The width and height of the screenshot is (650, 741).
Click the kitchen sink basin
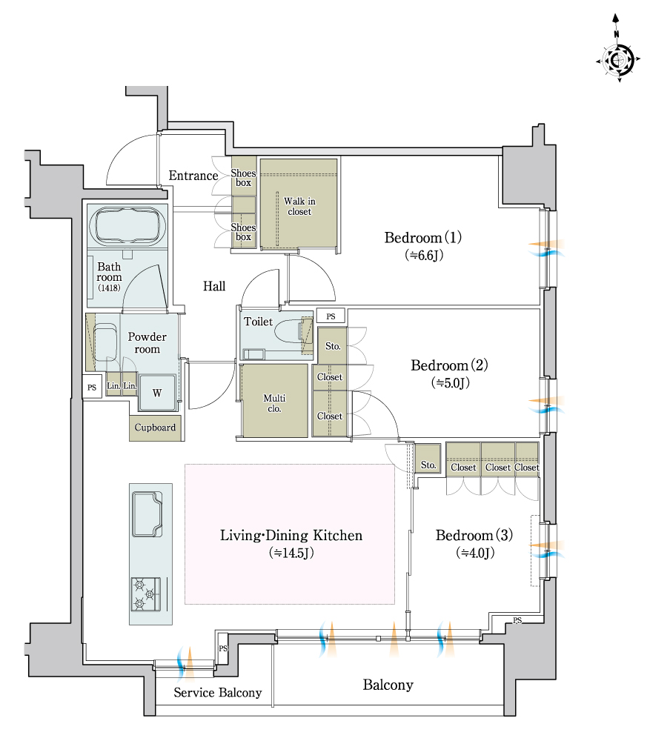147,514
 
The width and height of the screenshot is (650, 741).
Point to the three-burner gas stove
145,594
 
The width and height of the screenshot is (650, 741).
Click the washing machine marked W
157,392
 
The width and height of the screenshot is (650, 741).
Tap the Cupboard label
155,428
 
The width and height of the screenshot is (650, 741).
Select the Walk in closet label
299,206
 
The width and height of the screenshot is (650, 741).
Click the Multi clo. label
274,403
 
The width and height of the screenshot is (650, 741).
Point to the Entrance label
193,176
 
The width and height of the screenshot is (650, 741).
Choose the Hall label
214,286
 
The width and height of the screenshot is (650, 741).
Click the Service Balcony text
217,692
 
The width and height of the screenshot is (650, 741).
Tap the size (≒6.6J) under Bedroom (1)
424,255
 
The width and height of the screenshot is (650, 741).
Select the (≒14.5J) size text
291,553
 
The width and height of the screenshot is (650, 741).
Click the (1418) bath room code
109,288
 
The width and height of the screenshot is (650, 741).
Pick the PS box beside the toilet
331,316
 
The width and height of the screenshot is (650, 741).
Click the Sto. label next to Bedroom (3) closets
428,465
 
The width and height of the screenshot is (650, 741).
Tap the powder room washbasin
106,342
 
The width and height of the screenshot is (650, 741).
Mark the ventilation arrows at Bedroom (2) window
546,405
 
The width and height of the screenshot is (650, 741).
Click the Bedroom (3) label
474,535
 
